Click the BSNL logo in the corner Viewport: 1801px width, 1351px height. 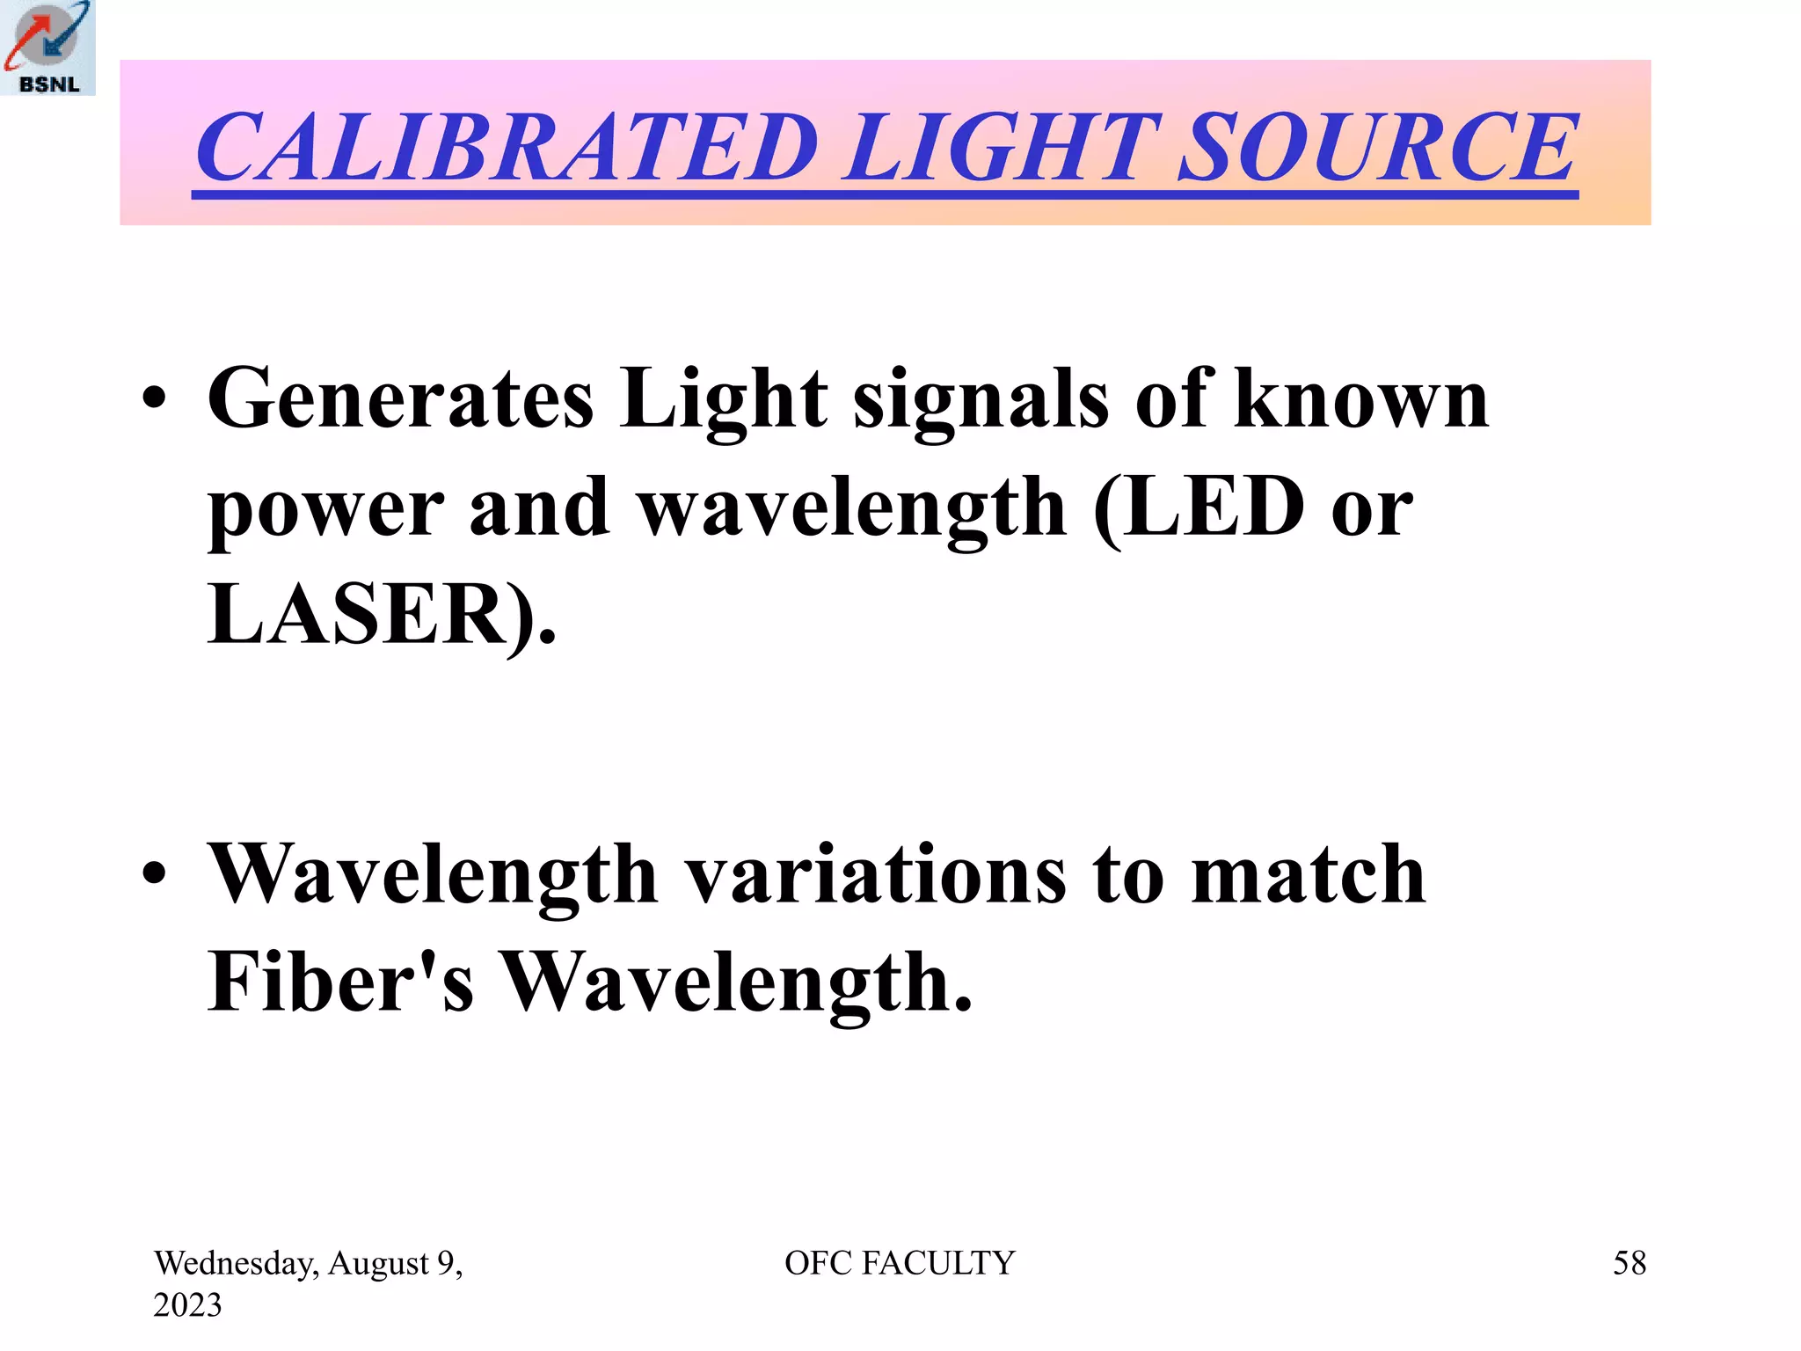(47, 47)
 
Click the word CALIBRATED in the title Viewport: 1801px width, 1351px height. (507, 147)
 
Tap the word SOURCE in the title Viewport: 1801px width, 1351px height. (1377, 147)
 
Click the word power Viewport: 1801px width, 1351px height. (325, 510)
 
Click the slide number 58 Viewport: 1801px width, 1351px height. (1629, 1263)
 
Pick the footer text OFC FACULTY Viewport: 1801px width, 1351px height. (900, 1263)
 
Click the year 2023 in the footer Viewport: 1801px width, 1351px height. (187, 1304)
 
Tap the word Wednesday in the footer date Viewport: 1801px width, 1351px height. (236, 1264)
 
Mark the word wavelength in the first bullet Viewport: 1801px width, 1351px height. (851, 510)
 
